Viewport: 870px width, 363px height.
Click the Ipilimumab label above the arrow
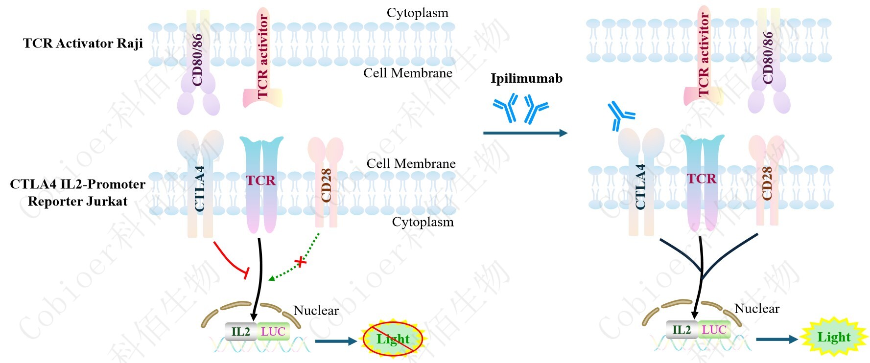[x=526, y=78]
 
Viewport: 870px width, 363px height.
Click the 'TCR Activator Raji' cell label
[x=83, y=43]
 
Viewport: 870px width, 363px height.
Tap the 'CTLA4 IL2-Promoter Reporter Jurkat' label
[x=77, y=193]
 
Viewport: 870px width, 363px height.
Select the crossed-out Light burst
[x=393, y=339]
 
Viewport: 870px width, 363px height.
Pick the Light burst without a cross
[x=834, y=337]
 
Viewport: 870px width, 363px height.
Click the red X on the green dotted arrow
[x=302, y=262]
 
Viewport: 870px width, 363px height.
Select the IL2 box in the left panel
[x=240, y=332]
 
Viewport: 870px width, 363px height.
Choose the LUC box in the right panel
[x=714, y=330]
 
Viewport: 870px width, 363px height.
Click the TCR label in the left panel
[x=261, y=181]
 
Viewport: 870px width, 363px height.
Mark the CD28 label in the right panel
[x=767, y=183]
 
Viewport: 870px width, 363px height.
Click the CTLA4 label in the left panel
[x=199, y=189]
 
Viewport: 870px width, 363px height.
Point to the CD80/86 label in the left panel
[x=197, y=60]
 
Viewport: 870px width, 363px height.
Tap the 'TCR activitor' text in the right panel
[x=704, y=54]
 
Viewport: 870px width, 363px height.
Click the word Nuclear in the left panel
[x=316, y=311]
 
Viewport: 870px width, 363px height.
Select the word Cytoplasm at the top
[x=417, y=13]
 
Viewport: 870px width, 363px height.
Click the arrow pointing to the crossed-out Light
[x=336, y=341]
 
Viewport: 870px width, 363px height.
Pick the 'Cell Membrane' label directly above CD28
[x=411, y=163]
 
